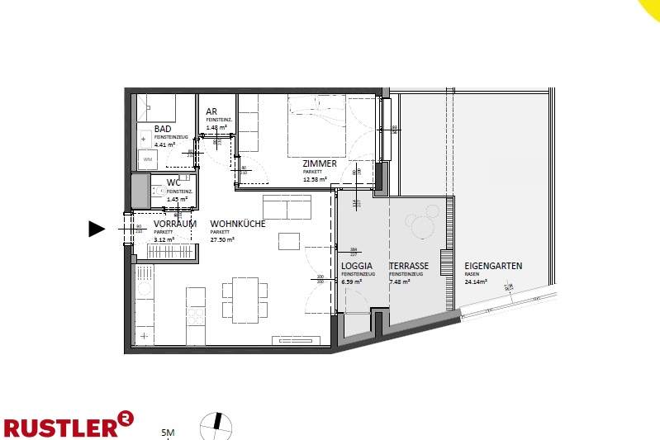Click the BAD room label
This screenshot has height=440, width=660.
163,130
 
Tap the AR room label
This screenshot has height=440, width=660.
211,111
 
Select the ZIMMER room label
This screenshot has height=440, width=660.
319,163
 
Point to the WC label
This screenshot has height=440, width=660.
173,182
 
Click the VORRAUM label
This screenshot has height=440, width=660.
174,224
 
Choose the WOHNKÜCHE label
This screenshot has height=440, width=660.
237,224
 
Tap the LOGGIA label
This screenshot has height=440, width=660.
357,266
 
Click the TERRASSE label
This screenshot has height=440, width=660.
408,266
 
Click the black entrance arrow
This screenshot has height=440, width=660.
97,229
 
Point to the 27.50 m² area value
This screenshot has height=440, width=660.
222,239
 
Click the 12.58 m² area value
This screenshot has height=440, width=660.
315,178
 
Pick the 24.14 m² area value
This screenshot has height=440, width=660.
476,281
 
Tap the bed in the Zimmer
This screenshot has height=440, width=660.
317,125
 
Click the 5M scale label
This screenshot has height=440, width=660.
168,432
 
